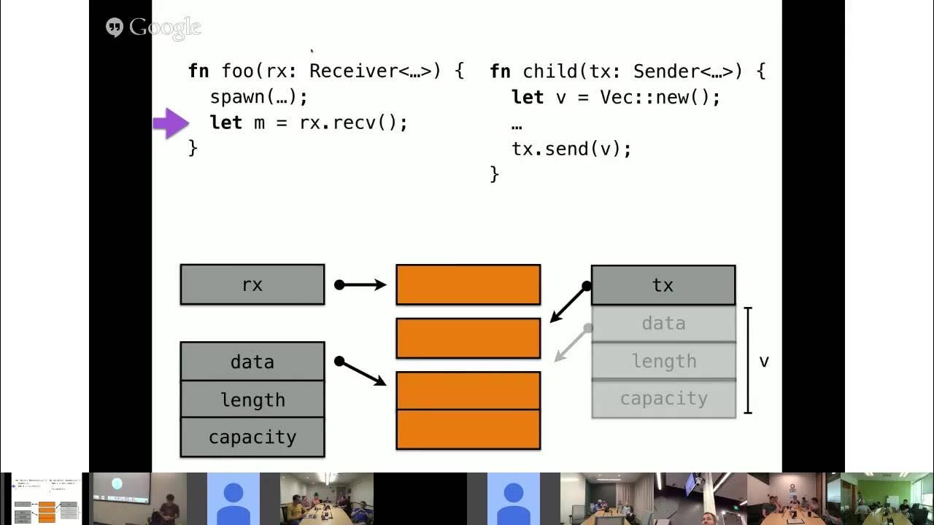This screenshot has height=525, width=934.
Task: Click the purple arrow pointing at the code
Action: click(x=171, y=123)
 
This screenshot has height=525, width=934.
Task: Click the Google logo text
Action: click(x=164, y=28)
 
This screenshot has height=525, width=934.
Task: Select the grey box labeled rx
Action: click(x=252, y=284)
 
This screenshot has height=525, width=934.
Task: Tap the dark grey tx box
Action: click(x=663, y=285)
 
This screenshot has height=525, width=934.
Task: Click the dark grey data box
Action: click(x=252, y=362)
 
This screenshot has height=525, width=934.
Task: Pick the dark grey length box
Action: click(x=252, y=400)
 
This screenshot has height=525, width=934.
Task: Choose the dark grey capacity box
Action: click(x=252, y=437)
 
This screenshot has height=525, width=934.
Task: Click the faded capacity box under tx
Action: click(x=663, y=399)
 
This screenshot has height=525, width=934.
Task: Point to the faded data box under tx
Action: click(x=663, y=323)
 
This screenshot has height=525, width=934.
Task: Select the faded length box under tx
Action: click(x=663, y=361)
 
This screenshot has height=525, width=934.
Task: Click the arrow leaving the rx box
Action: click(x=360, y=285)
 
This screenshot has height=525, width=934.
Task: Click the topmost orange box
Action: click(x=468, y=284)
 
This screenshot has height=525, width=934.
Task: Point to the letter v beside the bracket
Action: click(x=764, y=361)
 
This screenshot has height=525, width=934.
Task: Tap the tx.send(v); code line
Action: click(x=571, y=149)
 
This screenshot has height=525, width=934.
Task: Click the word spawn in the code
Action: click(x=236, y=97)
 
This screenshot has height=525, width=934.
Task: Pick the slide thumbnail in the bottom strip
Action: click(x=47, y=499)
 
